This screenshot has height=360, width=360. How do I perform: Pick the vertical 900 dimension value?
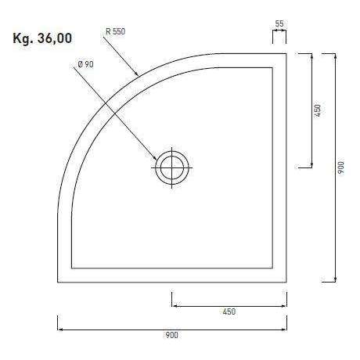pyautogui.click(x=340, y=168)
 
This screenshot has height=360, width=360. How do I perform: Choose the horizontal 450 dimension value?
pyautogui.click(x=229, y=311)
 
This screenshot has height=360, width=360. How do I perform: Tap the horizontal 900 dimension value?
pyautogui.click(x=171, y=336)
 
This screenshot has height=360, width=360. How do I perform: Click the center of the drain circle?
pyautogui.click(x=172, y=167)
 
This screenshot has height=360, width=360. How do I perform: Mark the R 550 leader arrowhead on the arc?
pyautogui.click(x=139, y=76)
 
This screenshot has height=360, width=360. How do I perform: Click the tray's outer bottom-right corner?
pyautogui.click(x=286, y=283)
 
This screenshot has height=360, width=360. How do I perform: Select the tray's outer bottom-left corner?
pyautogui.click(x=58, y=283)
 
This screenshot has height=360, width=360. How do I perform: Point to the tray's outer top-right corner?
pyautogui.click(x=286, y=54)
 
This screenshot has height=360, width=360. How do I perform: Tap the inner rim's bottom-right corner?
pyautogui.click(x=272, y=269)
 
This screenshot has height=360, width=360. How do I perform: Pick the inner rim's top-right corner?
pyautogui.click(x=272, y=67)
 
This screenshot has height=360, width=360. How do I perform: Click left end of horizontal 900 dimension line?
pyautogui.click(x=58, y=329)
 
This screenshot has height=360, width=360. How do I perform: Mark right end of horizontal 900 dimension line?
pyautogui.click(x=286, y=329)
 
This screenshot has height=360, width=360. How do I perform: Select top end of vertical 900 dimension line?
pyautogui.click(x=335, y=54)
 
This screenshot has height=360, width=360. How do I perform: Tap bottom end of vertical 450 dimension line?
pyautogui.click(x=312, y=167)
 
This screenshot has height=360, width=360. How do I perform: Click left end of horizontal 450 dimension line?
pyautogui.click(x=172, y=306)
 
